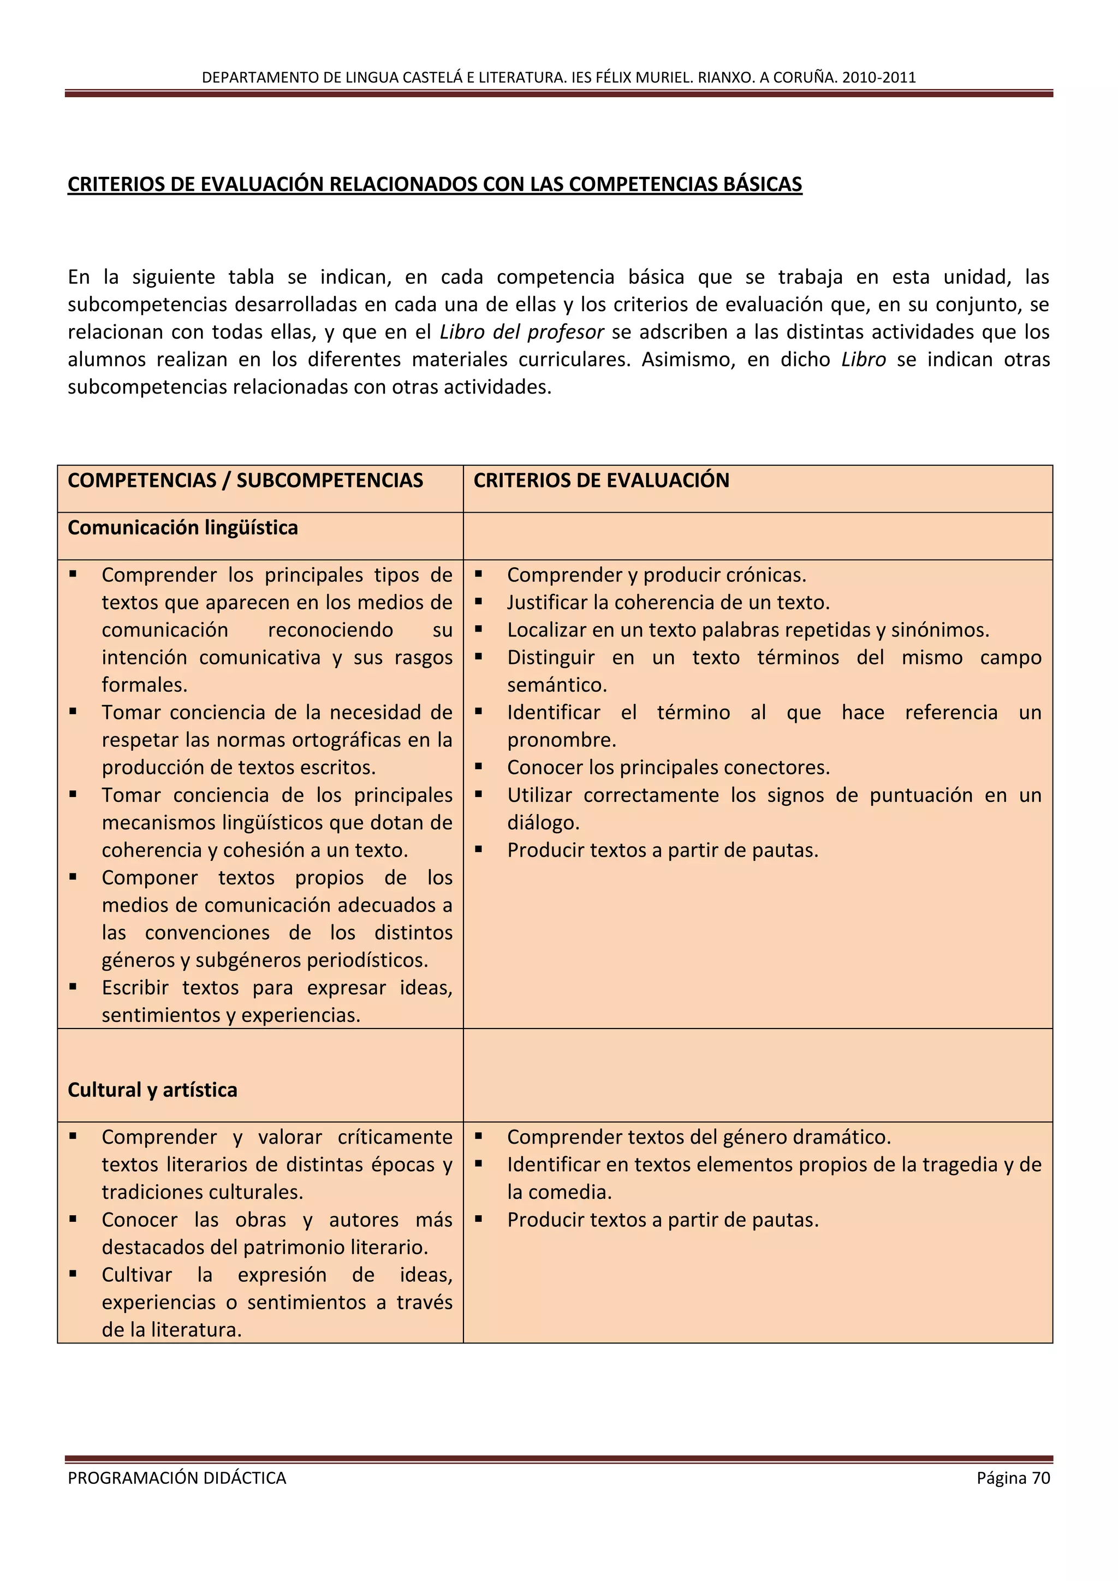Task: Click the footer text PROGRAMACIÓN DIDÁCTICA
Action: [x=177, y=1478]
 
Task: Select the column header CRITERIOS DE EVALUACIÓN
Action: [x=601, y=480]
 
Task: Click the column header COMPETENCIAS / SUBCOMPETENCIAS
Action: [x=245, y=480]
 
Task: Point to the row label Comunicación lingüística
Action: [x=182, y=527]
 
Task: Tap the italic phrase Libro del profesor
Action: [x=521, y=332]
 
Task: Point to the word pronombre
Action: [x=562, y=740]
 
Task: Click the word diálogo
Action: [x=543, y=823]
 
